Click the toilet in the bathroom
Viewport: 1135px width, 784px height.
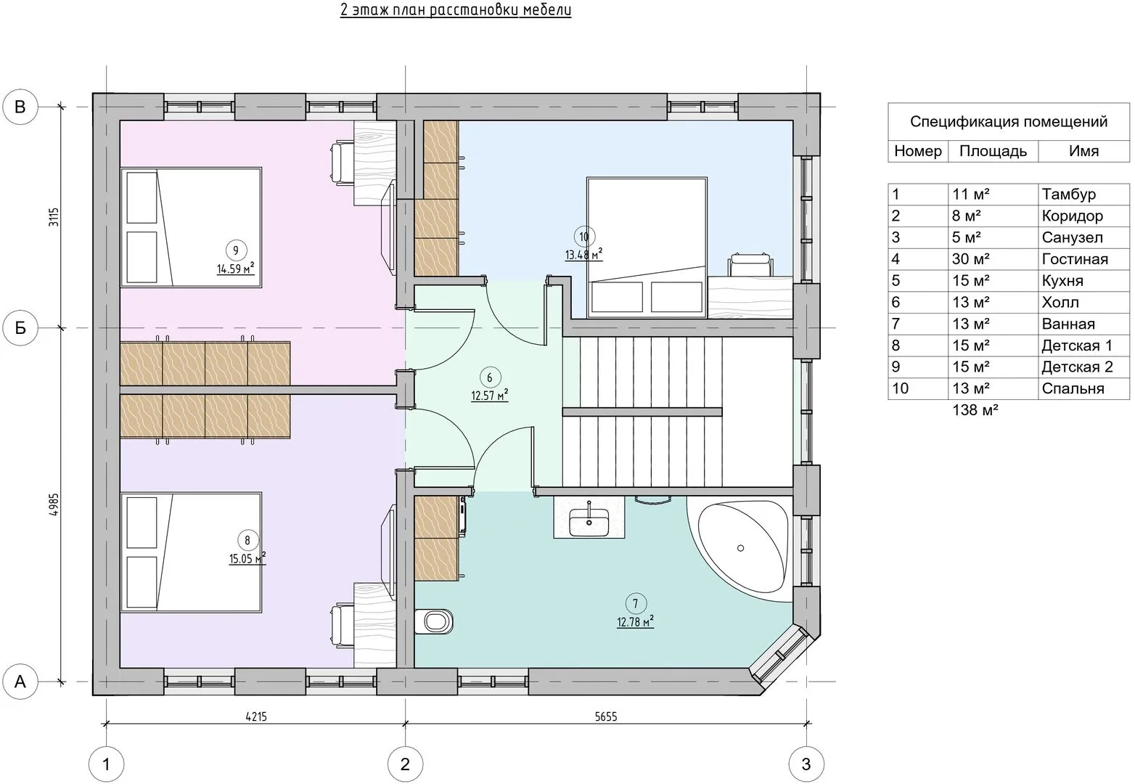(x=434, y=621)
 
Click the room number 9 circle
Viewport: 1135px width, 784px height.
(x=236, y=250)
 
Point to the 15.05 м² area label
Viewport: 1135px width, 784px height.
(x=247, y=558)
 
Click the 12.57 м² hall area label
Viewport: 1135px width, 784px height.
(x=489, y=395)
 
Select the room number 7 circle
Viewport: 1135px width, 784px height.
(x=636, y=603)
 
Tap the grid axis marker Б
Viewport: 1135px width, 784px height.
(x=20, y=328)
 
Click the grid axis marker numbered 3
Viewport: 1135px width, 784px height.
(x=806, y=764)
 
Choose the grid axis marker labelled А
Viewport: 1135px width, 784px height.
(x=20, y=682)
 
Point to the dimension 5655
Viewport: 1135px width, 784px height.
(x=605, y=716)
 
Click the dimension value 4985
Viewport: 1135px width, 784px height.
(x=54, y=505)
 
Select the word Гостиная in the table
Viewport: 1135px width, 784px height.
(x=1075, y=259)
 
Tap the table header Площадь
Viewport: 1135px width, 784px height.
(x=993, y=151)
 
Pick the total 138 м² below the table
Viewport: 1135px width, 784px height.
(x=975, y=409)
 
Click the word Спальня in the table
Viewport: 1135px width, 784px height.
(x=1073, y=388)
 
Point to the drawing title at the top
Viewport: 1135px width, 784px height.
(x=456, y=10)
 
